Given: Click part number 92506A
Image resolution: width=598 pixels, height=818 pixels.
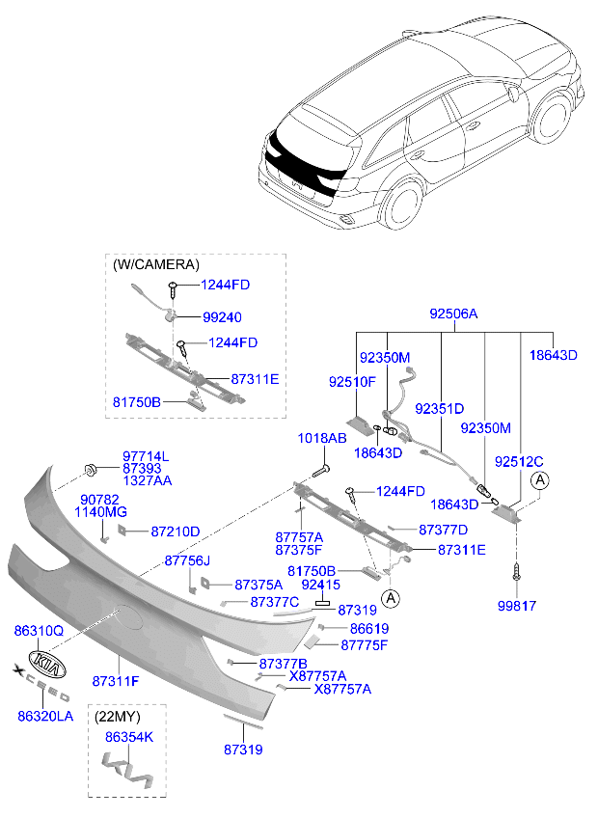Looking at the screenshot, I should (453, 314).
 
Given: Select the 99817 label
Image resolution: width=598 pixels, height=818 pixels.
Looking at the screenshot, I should (516, 606).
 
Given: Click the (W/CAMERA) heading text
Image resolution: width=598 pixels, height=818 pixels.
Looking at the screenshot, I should (156, 263).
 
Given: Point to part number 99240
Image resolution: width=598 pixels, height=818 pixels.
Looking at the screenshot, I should (222, 316).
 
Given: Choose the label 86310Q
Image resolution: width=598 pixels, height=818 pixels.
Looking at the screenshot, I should (39, 630).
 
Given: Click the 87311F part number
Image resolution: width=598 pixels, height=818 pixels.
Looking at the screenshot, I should (116, 681).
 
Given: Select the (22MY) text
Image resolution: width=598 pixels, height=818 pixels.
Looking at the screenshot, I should (119, 717).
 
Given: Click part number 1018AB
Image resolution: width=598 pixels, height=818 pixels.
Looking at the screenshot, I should (321, 438).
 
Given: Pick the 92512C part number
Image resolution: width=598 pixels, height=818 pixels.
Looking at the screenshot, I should (520, 461).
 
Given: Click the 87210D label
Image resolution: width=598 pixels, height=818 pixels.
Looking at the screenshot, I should (176, 532).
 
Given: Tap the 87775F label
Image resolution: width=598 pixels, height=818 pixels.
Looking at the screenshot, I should (363, 645).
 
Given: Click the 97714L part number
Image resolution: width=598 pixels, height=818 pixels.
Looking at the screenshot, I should (146, 455).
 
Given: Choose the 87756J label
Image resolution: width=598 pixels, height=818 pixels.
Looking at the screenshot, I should (187, 560).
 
